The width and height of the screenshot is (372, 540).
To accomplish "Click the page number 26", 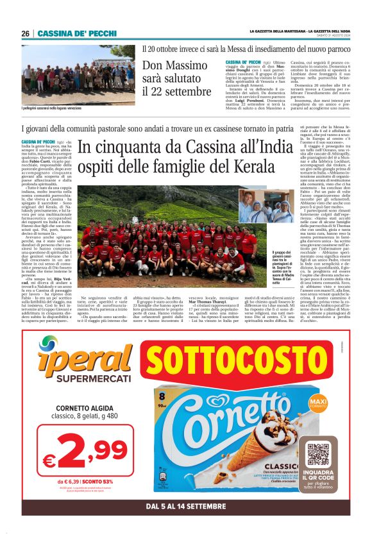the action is click(25, 33).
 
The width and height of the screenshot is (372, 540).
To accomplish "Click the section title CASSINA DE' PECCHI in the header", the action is click(77, 33).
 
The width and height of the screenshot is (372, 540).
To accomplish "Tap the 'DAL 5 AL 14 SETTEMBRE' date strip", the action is click(185, 507).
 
